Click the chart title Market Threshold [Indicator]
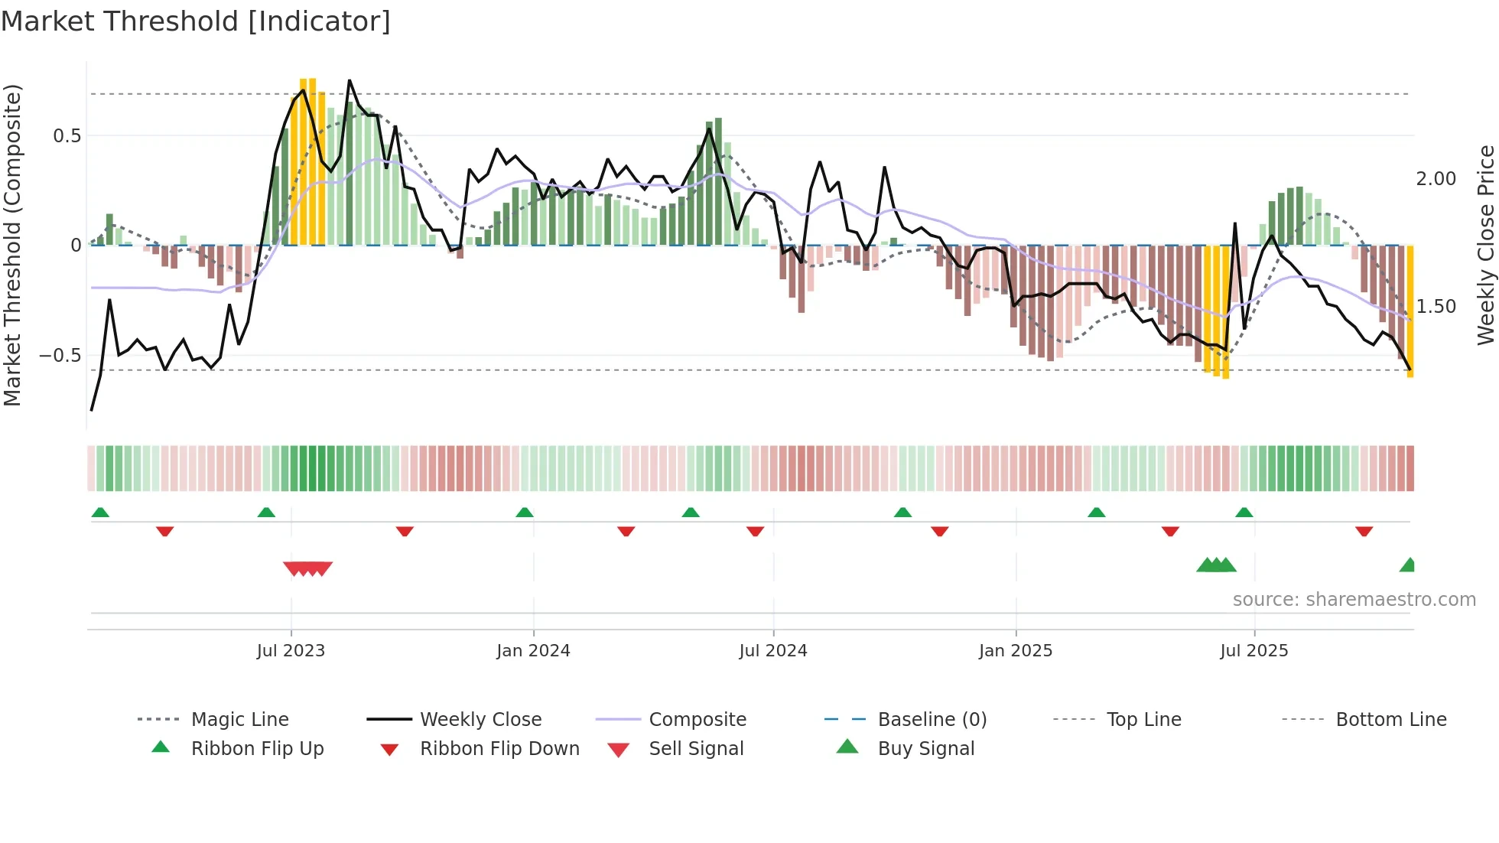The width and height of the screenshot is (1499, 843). (196, 21)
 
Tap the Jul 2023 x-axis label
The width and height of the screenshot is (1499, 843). (291, 651)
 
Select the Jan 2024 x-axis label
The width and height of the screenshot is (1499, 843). (533, 651)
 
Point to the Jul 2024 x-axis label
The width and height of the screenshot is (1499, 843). (772, 651)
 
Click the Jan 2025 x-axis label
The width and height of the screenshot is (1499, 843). (1015, 651)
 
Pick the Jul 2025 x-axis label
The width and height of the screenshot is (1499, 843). (1254, 651)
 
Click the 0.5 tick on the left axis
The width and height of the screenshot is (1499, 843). (67, 136)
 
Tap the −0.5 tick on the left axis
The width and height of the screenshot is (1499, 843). (60, 356)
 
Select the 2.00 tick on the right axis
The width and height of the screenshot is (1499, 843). (1436, 179)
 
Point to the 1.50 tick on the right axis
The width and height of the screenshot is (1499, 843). (1436, 307)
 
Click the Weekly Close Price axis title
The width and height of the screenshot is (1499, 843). (1485, 245)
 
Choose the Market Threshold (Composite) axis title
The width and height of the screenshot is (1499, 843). (12, 245)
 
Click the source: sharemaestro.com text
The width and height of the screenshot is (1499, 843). (1354, 600)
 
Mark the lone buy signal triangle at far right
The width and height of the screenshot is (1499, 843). (1407, 565)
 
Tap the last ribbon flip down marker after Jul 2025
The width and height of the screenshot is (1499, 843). (1364, 531)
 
